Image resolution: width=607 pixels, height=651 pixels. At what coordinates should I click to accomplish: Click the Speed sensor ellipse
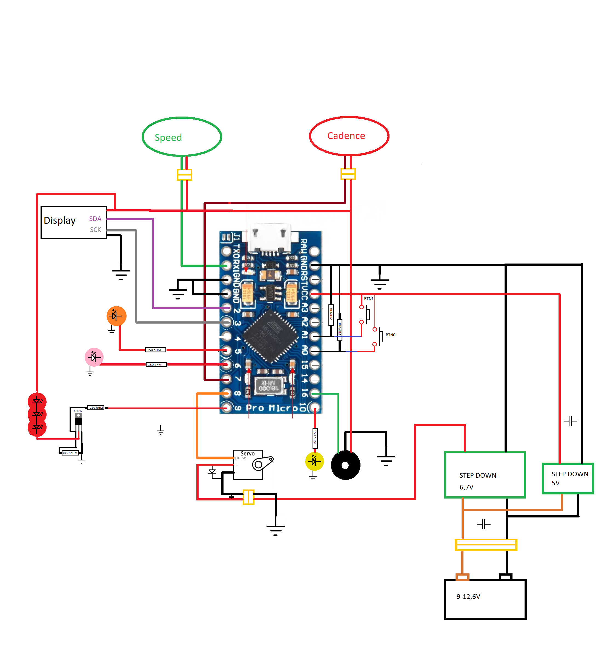coord(182,137)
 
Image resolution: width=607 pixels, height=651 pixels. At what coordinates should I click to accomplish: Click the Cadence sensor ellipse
coord(349,135)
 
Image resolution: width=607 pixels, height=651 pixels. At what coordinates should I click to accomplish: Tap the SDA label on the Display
coord(95,219)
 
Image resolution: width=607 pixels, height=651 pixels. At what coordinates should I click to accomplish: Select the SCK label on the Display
coord(96,230)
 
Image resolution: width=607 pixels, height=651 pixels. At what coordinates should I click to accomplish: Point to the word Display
coord(59,220)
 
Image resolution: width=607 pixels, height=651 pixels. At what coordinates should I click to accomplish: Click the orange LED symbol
coord(116,316)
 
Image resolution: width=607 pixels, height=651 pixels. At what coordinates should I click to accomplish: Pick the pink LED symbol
coord(94,357)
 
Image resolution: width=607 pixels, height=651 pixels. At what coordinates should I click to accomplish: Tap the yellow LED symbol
coord(314,462)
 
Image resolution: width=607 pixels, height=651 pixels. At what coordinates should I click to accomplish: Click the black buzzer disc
coord(345,465)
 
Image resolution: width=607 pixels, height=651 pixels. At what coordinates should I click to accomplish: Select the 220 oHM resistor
coord(96,408)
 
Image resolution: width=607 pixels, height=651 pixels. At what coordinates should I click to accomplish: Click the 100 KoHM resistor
coord(70,453)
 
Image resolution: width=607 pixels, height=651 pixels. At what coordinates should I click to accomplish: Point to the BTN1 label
coord(369,299)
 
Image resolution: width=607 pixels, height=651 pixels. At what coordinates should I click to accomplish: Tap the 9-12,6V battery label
coord(468,597)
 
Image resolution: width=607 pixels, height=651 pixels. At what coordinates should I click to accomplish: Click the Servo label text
coord(247,454)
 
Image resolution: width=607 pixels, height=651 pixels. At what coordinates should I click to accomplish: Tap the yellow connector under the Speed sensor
coord(184,175)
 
